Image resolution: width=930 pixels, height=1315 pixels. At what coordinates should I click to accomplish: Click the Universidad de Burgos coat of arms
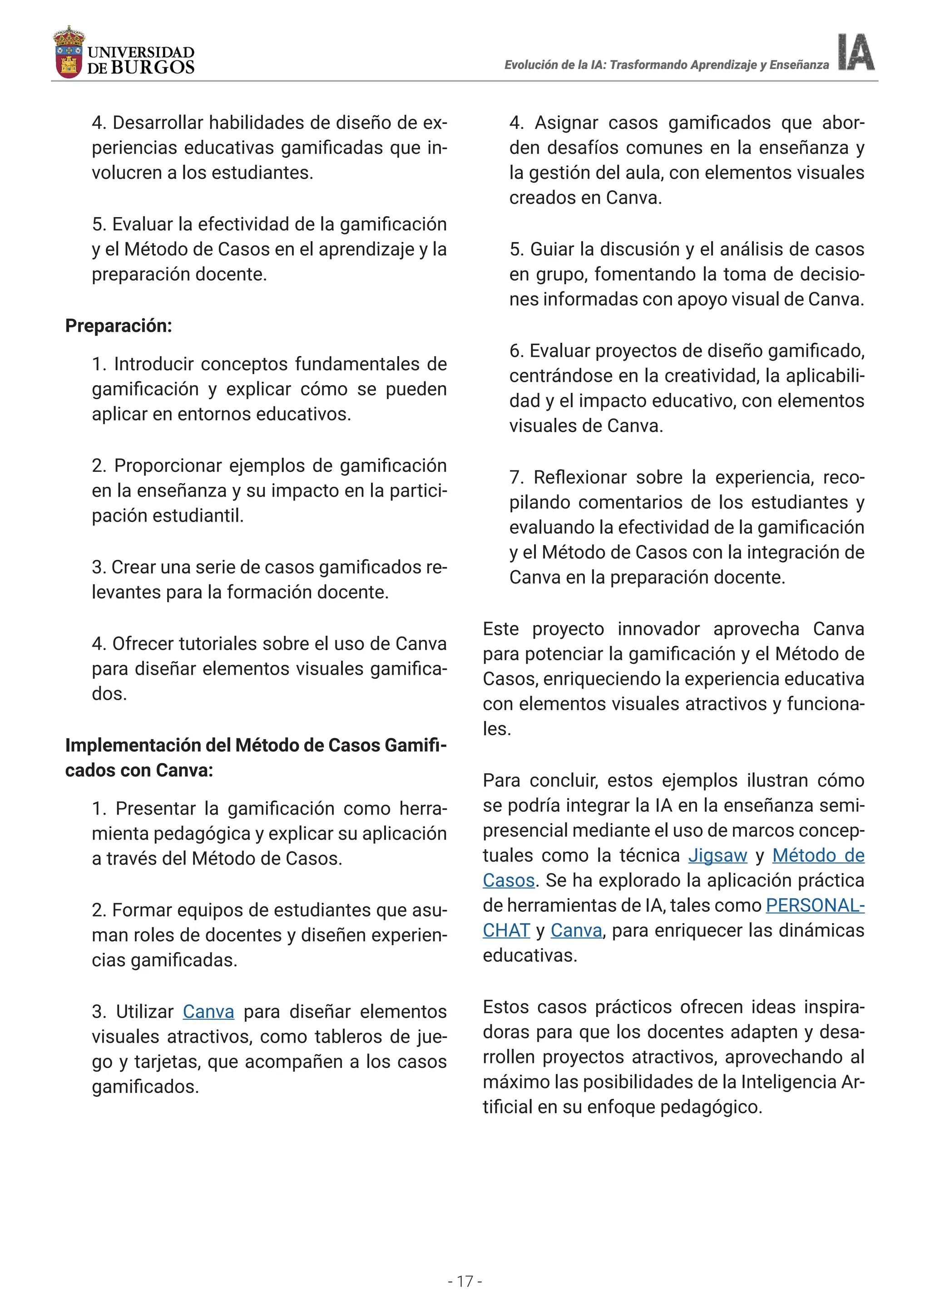(x=69, y=53)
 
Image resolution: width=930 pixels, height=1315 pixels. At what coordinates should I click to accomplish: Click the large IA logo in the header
(x=856, y=52)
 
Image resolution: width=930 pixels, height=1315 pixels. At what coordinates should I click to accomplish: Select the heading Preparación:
(x=119, y=326)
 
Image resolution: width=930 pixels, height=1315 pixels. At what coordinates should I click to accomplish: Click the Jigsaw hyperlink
(x=717, y=855)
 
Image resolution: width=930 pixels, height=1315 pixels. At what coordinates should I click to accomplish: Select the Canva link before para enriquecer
(x=576, y=930)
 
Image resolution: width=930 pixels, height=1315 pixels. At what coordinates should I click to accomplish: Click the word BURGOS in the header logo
(x=152, y=68)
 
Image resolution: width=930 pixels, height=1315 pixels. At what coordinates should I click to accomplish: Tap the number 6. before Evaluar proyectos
(x=515, y=351)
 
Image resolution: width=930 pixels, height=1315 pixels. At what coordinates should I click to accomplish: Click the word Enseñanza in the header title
(x=799, y=65)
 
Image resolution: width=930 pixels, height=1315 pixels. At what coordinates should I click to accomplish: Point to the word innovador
(x=658, y=629)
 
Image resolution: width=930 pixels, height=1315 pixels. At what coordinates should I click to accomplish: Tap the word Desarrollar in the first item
(x=158, y=123)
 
